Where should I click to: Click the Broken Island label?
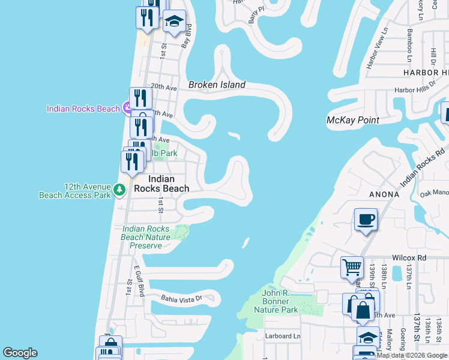(x=217, y=85)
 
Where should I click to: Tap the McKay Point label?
(x=352, y=120)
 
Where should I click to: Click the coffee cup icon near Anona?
(x=365, y=219)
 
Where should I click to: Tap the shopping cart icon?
(x=352, y=267)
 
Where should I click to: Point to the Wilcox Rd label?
(x=410, y=257)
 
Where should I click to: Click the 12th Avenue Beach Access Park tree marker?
(x=119, y=190)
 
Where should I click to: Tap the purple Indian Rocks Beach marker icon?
(x=127, y=108)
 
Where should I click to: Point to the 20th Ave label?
(x=163, y=87)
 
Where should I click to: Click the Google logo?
(x=20, y=353)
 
